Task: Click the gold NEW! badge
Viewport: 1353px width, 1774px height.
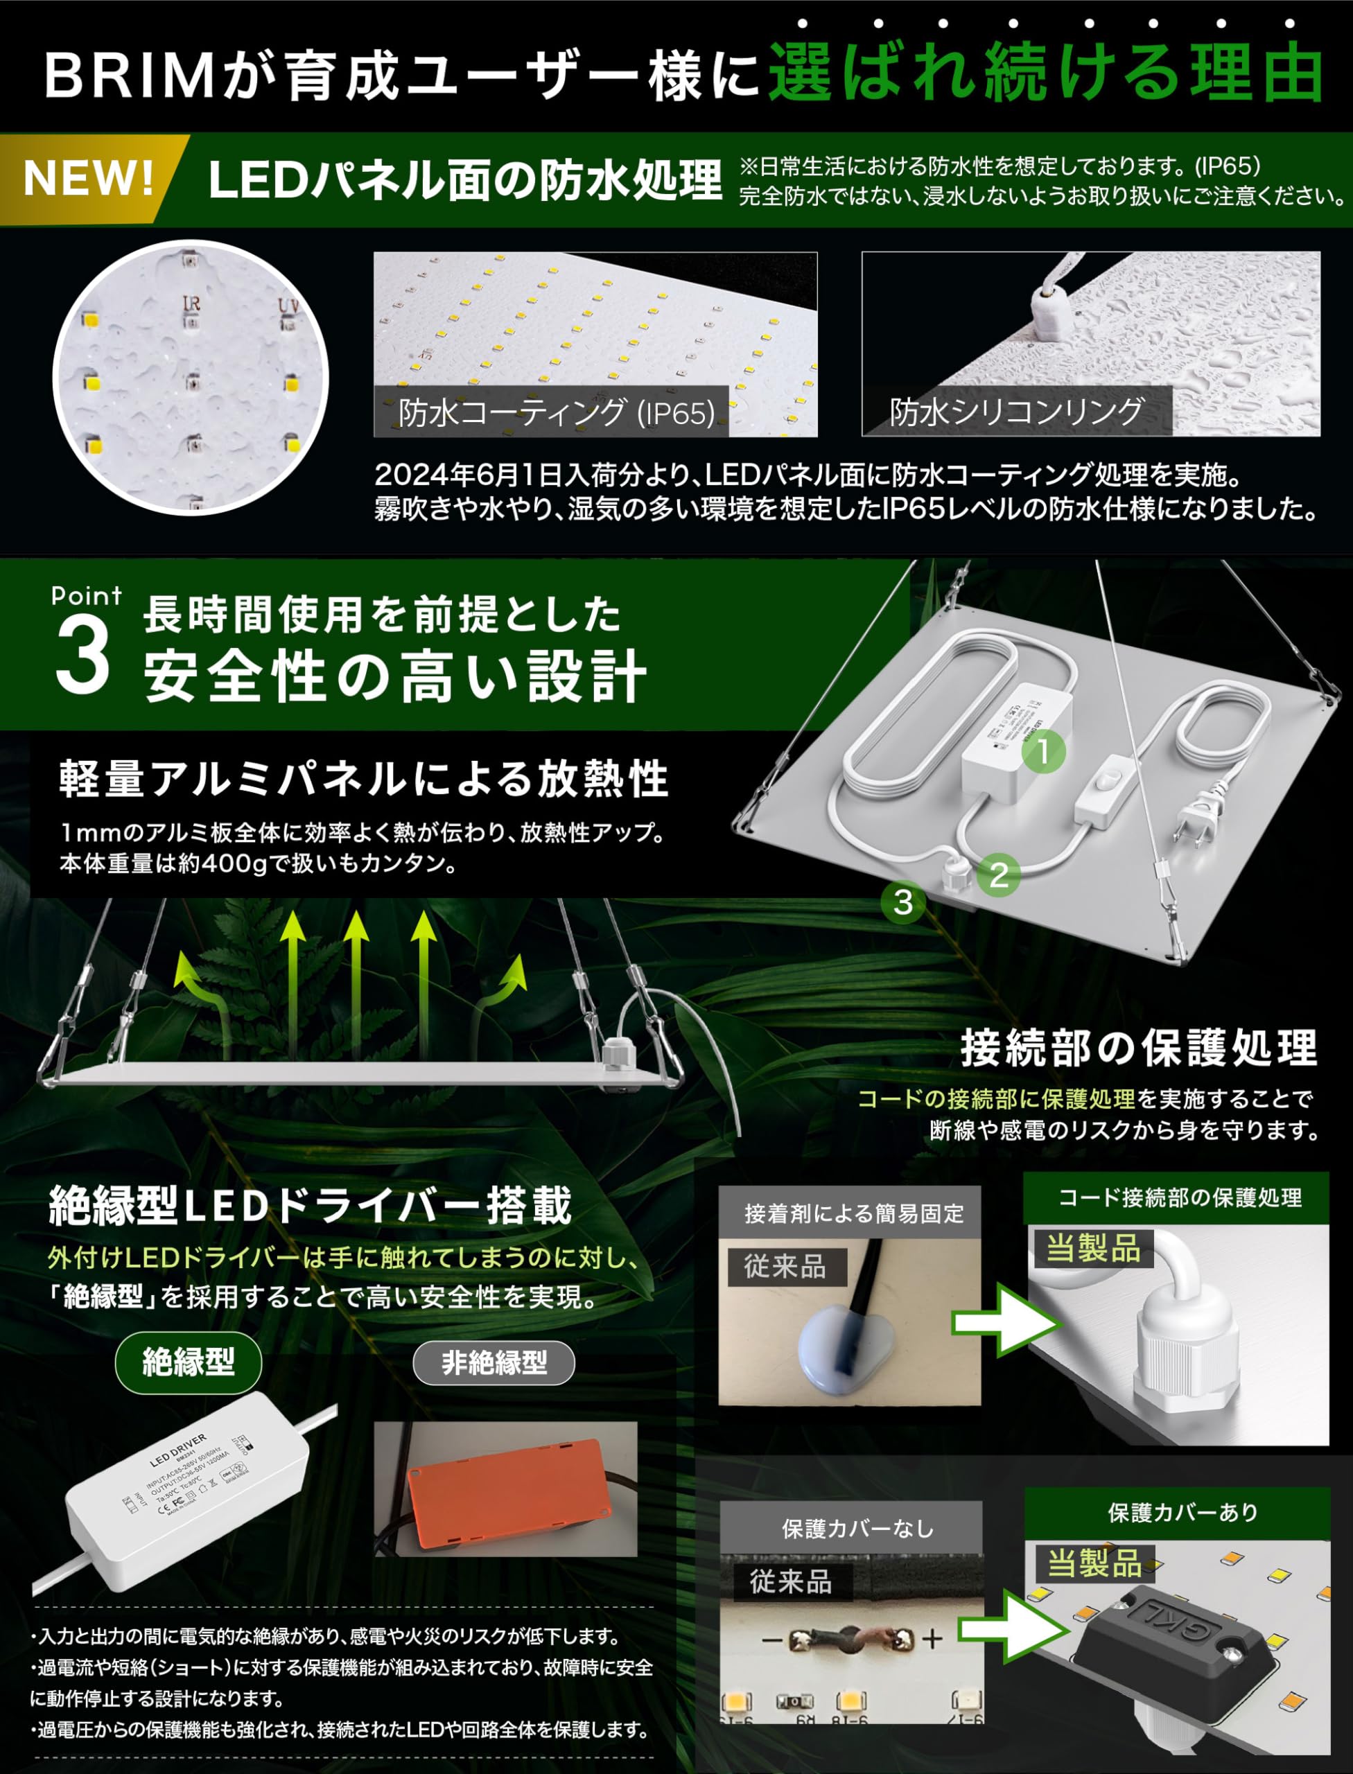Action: pos(89,179)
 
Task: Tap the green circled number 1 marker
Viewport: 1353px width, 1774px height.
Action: pos(1044,751)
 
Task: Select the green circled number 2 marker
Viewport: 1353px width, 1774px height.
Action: pos(1000,875)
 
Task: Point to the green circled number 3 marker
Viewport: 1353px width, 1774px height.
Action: pos(902,902)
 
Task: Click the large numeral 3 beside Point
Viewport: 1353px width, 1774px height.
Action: pos(82,657)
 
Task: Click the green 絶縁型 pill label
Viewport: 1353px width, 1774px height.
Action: pos(189,1362)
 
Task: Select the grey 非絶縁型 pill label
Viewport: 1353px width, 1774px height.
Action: pos(494,1362)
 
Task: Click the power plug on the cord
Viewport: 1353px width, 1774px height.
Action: pos(1195,821)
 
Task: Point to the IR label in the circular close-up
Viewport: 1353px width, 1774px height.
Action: pos(192,304)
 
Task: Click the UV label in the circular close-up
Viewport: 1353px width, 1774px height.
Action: pos(288,306)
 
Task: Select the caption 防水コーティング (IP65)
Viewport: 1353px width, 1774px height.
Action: pos(556,412)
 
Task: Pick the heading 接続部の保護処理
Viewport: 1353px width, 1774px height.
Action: pos(1138,1048)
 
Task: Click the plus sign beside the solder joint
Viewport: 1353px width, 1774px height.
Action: pos(932,1639)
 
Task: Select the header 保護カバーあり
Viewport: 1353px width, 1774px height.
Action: pos(1182,1512)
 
